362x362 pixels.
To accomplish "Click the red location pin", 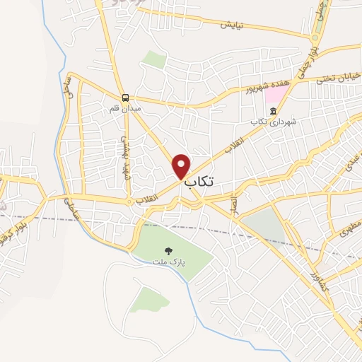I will [x=182, y=165].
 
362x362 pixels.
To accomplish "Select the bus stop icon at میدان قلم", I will [x=124, y=98].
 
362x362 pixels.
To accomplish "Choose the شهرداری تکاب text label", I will [x=275, y=122].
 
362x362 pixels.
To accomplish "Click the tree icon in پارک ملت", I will [x=168, y=250].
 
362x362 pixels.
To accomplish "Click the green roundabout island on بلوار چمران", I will [x=314, y=37].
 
